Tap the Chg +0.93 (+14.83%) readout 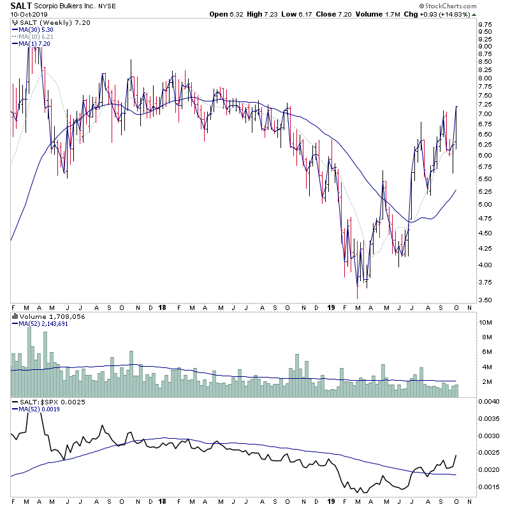[x=472, y=14]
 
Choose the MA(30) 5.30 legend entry [x=35, y=29]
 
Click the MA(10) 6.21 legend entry [x=35, y=36]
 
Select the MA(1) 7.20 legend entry [x=33, y=43]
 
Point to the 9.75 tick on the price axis [x=484, y=24]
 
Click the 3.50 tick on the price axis [x=484, y=300]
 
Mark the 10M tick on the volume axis [x=486, y=323]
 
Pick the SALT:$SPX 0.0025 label [x=43, y=402]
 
